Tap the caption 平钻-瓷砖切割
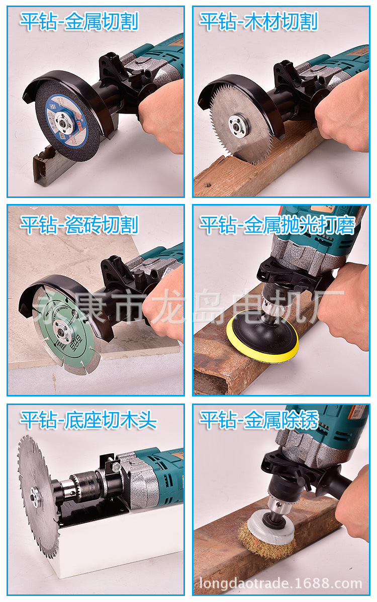[79, 225]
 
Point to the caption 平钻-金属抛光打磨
[277, 225]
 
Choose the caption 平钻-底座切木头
[88, 420]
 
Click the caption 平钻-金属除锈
[259, 420]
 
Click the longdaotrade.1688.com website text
[280, 584]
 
